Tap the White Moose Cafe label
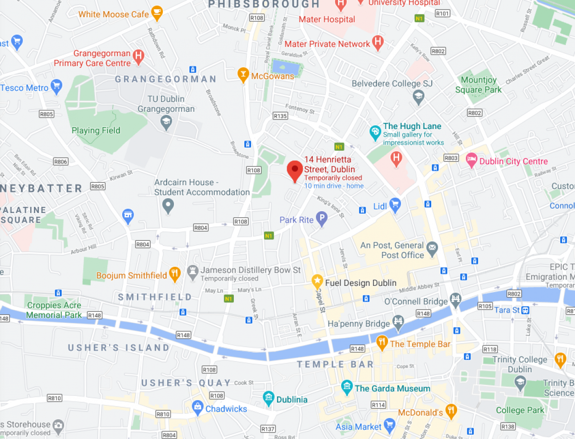(x=114, y=14)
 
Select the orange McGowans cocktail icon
(x=243, y=74)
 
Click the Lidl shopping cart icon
(x=395, y=205)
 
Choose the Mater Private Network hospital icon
(x=378, y=43)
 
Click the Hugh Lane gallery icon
(x=375, y=131)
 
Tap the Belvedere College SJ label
(x=392, y=83)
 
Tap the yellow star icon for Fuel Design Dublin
(x=317, y=281)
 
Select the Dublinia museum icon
(x=268, y=397)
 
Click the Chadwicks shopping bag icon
(x=197, y=407)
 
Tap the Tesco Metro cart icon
(x=57, y=86)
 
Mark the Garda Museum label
(x=392, y=388)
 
